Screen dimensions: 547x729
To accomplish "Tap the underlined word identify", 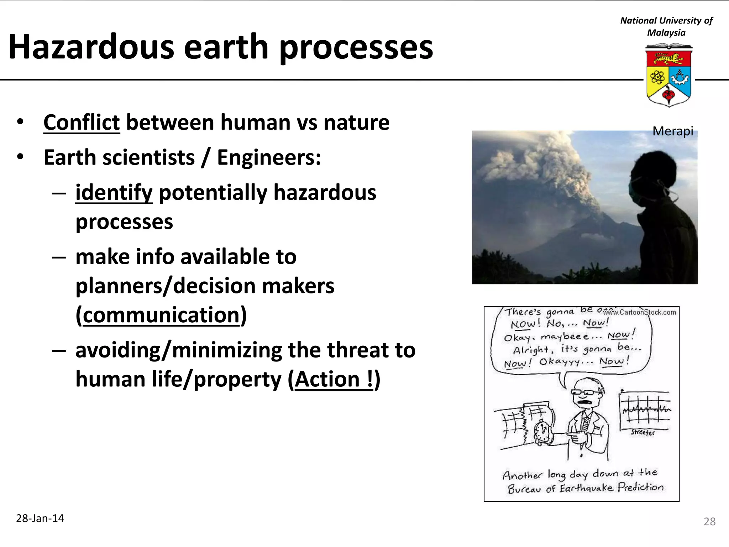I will [114, 193].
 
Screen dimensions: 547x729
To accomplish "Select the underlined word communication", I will [161, 316].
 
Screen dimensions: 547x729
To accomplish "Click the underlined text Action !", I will [334, 379].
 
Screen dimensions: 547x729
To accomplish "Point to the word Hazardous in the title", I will [91, 47].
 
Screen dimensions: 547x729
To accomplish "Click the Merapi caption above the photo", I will [672, 131].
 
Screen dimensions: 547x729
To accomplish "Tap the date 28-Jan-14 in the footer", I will [40, 519].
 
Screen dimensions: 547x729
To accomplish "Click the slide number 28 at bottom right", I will [709, 522].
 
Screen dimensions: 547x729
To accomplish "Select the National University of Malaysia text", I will [666, 26].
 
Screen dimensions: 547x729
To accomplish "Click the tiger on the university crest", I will [668, 58].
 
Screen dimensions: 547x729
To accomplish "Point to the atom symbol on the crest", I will [657, 77].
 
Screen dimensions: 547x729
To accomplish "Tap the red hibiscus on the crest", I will [668, 95].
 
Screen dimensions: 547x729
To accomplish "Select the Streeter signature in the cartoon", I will [643, 432].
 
